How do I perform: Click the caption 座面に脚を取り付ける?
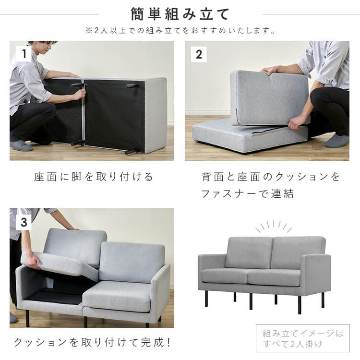pyautogui.click(x=94, y=177)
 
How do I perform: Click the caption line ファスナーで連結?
pyautogui.click(x=247, y=194)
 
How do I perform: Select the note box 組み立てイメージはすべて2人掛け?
pyautogui.click(x=302, y=338)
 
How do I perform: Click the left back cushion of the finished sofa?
pyautogui.click(x=249, y=252)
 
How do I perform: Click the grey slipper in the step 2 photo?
pyautogui.click(x=337, y=140)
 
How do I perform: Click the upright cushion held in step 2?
pyautogui.click(x=269, y=97)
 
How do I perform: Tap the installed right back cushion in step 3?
pyautogui.click(x=132, y=262)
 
